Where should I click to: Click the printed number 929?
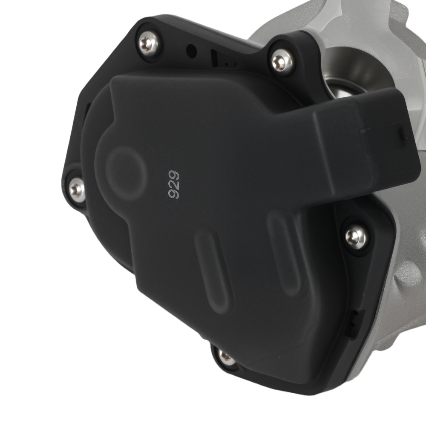click(x=174, y=184)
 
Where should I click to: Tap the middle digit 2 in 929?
click(x=174, y=184)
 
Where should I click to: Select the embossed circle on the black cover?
click(x=126, y=173)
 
